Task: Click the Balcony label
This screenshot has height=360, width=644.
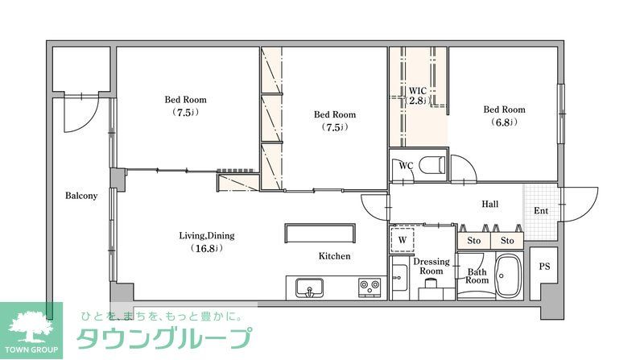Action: pyautogui.click(x=80, y=196)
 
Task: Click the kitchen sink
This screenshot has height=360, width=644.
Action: pyautogui.click(x=308, y=287)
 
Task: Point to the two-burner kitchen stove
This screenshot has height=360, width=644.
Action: pyautogui.click(x=369, y=286)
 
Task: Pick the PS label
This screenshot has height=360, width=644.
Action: pyautogui.click(x=544, y=267)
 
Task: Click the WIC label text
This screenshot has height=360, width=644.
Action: pyautogui.click(x=416, y=90)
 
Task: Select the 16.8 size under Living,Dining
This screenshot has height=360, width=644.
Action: pyautogui.click(x=206, y=248)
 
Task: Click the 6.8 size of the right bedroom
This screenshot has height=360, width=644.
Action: pyautogui.click(x=504, y=122)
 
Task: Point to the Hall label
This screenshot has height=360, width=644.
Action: pyautogui.click(x=490, y=205)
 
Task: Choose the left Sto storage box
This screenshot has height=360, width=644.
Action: pyautogui.click(x=474, y=240)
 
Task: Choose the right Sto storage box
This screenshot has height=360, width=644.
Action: pyautogui.click(x=507, y=240)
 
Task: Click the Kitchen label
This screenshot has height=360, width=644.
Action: pyautogui.click(x=334, y=256)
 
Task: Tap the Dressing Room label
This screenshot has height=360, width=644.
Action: pyautogui.click(x=431, y=267)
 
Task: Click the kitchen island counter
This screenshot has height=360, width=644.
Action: pyautogui.click(x=320, y=233)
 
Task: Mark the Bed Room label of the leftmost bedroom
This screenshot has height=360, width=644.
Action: pyautogui.click(x=185, y=100)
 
